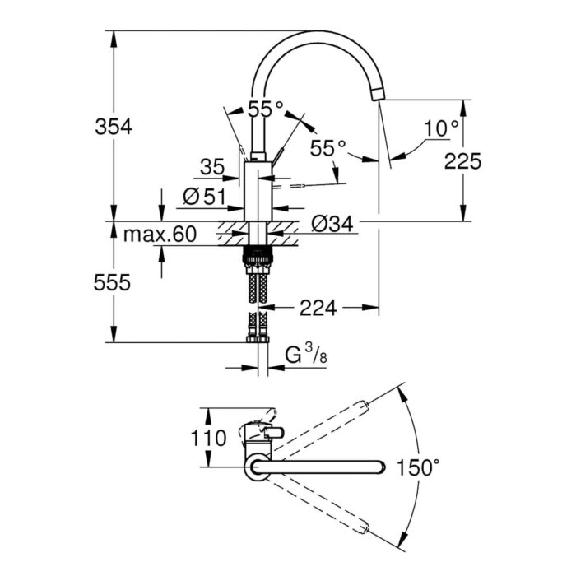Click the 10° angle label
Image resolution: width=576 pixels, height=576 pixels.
click(441, 128)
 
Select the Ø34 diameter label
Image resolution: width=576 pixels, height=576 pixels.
click(334, 222)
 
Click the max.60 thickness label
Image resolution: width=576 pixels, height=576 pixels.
click(160, 235)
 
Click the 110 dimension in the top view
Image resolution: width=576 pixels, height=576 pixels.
click(208, 438)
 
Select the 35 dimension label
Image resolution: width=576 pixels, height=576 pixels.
click(211, 167)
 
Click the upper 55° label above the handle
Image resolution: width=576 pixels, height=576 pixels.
click(265, 108)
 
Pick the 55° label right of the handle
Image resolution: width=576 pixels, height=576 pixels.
click(328, 148)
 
